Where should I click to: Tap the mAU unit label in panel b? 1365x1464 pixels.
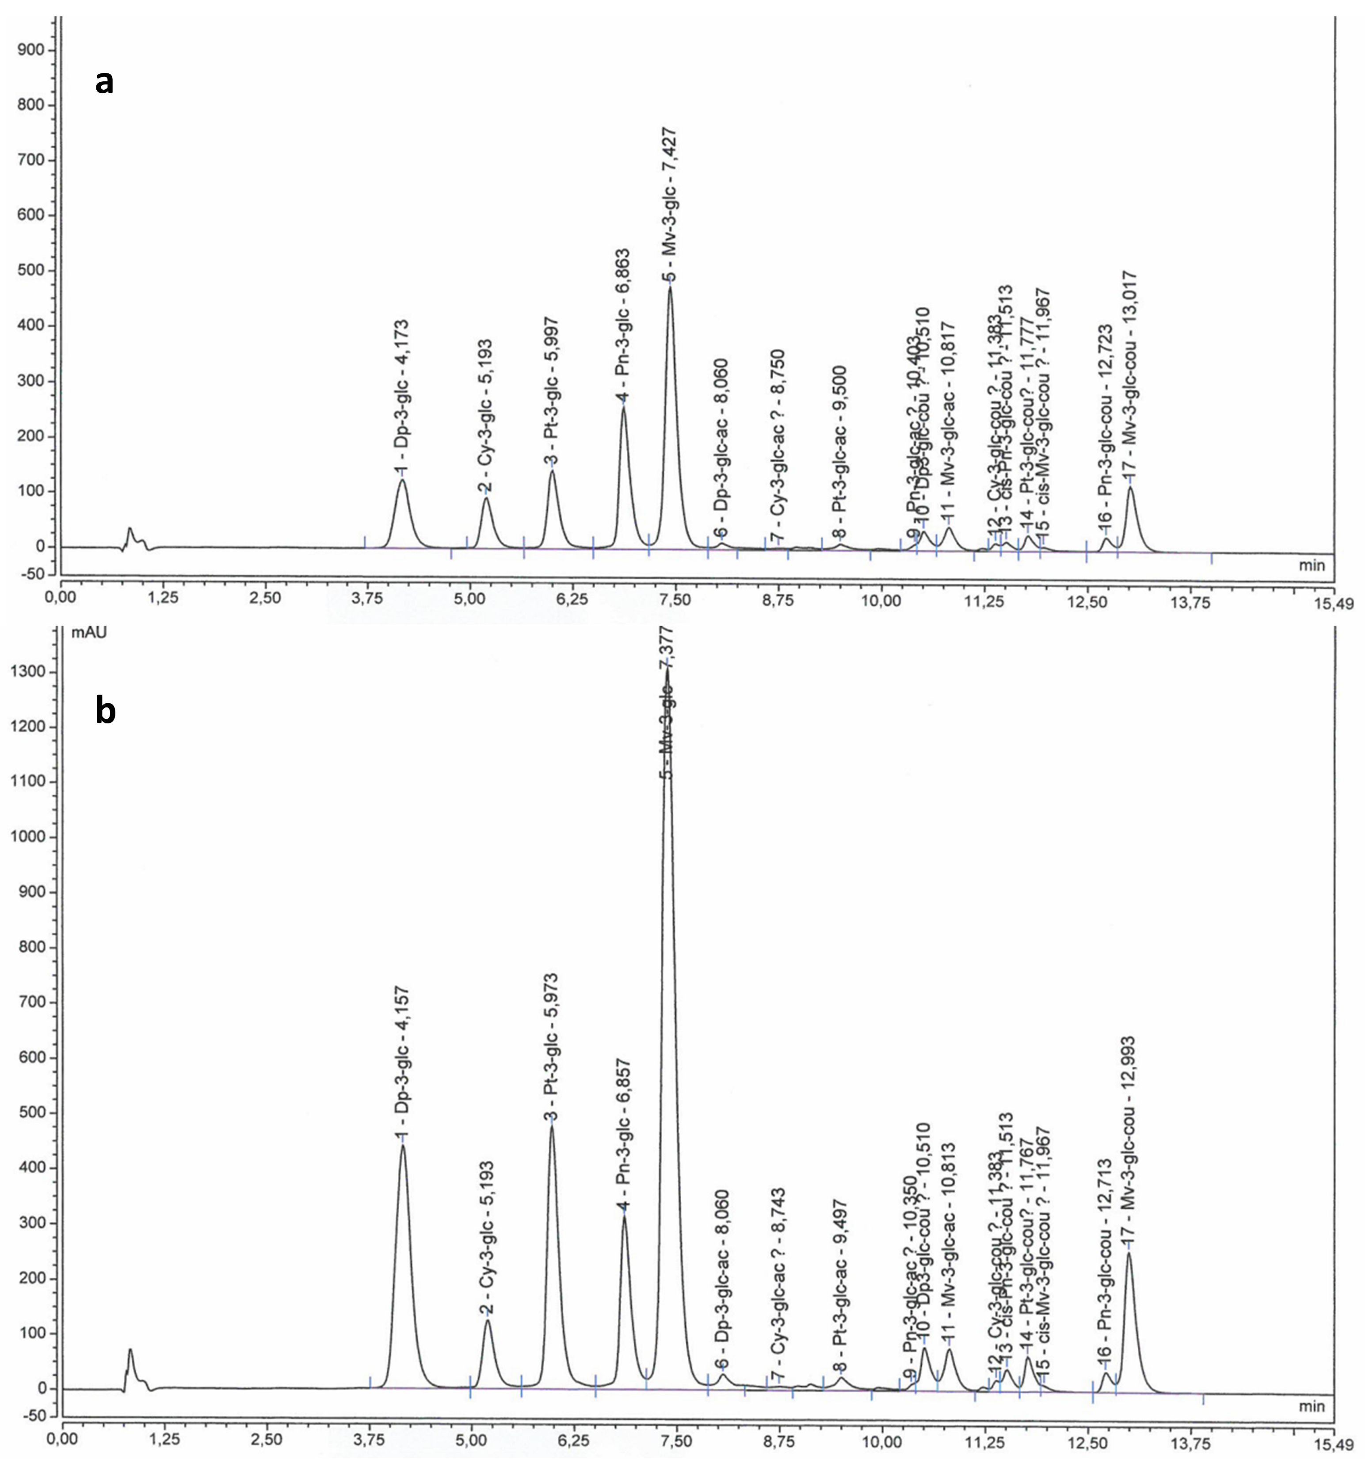[88, 631]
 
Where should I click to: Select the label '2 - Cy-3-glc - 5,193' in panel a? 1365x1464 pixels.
[485, 416]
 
